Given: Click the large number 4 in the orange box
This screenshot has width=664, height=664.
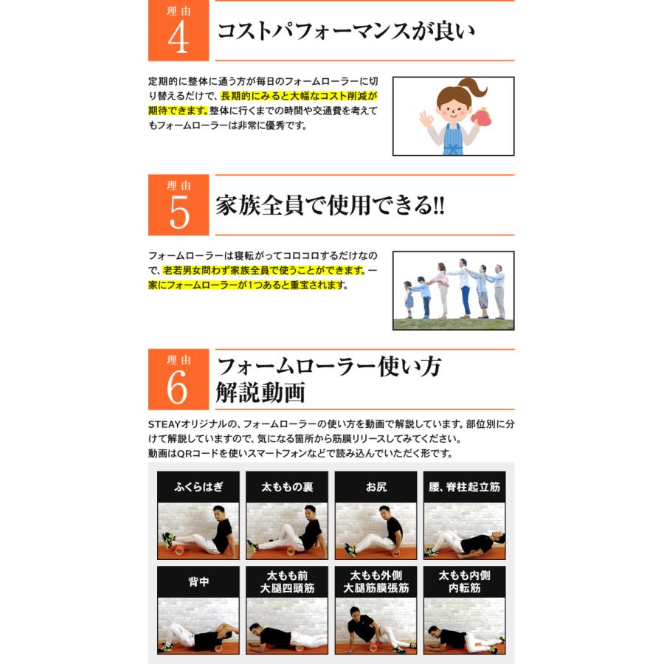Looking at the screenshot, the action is pyautogui.click(x=179, y=38).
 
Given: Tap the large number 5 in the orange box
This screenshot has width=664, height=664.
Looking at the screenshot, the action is pyautogui.click(x=179, y=212).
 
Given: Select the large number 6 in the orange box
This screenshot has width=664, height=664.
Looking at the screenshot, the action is pyautogui.click(x=177, y=387).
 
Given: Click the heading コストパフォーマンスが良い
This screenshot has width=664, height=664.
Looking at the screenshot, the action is pyautogui.click(x=346, y=31).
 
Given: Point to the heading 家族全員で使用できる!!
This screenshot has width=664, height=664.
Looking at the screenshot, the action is pyautogui.click(x=331, y=205).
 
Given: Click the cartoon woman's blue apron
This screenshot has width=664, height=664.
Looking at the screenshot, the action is pyautogui.click(x=452, y=139).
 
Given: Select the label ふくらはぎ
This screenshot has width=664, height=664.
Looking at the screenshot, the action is pyautogui.click(x=198, y=487).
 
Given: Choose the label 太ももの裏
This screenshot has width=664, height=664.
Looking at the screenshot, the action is pyautogui.click(x=287, y=487).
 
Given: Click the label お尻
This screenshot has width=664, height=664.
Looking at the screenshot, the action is pyautogui.click(x=376, y=487).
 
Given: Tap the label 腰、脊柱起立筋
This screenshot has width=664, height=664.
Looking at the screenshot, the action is pyautogui.click(x=465, y=487).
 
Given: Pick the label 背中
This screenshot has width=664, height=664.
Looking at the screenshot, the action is pyautogui.click(x=198, y=582).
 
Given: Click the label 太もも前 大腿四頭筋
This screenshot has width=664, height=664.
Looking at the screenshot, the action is pyautogui.click(x=287, y=582).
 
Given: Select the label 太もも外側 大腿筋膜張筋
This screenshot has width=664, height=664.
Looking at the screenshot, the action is pyautogui.click(x=376, y=582).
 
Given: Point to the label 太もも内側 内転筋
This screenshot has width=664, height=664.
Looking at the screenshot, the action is pyautogui.click(x=465, y=582).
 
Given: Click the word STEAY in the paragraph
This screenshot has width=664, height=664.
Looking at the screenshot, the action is pyautogui.click(x=165, y=424).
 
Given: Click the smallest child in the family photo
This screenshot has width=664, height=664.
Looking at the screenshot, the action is pyautogui.click(x=408, y=299).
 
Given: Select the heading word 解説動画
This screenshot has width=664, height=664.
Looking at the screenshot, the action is pyautogui.click(x=260, y=392).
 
